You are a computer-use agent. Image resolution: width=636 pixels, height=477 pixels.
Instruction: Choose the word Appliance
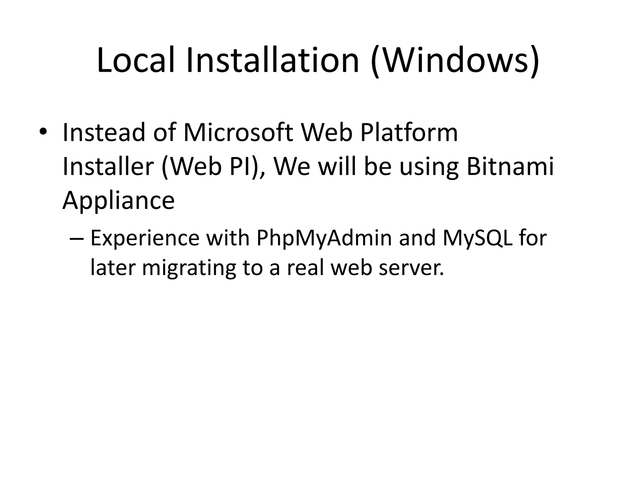click(x=119, y=201)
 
